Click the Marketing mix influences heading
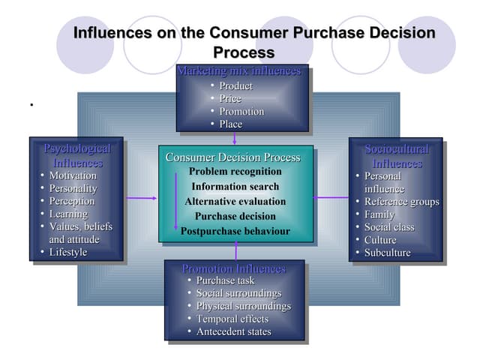(x=238, y=71)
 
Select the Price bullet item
(x=230, y=98)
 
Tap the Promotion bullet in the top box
(x=241, y=111)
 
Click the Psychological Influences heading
(x=77, y=155)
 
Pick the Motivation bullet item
(x=73, y=175)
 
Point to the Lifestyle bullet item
(x=68, y=252)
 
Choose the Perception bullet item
(x=72, y=201)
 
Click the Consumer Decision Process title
(x=232, y=157)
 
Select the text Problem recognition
(x=235, y=172)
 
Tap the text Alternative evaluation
(x=235, y=202)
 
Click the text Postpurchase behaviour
(x=235, y=231)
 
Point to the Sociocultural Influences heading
(x=397, y=155)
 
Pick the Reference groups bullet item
(x=401, y=202)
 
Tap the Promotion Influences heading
(x=234, y=268)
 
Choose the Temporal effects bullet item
(x=232, y=319)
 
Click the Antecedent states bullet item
(x=233, y=331)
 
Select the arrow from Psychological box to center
(x=141, y=198)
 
